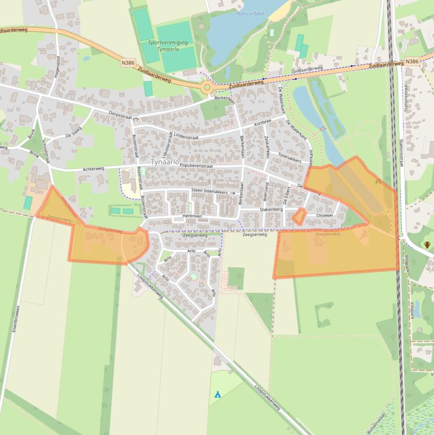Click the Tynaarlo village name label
[165, 162]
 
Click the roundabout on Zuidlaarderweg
[207, 87]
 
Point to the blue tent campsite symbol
[217, 394]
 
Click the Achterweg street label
[93, 169]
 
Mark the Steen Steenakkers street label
[209, 192]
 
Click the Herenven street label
[192, 216]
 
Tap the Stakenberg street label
[271, 209]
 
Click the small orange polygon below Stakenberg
[299, 216]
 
